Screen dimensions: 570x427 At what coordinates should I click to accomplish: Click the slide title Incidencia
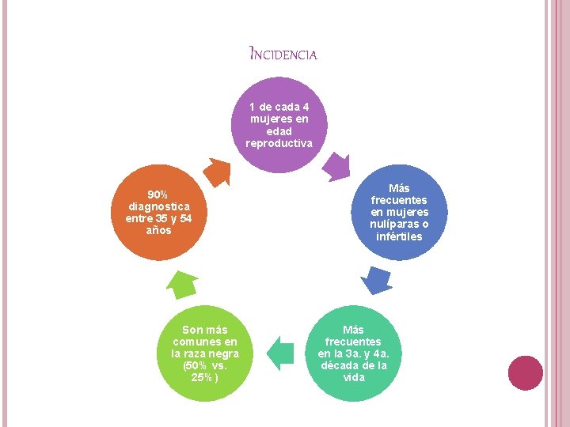(x=283, y=53)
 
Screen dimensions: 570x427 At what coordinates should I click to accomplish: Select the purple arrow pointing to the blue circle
(x=337, y=167)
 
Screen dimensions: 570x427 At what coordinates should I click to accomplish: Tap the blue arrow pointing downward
(x=377, y=280)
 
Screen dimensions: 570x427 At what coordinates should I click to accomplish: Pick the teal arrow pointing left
(x=280, y=353)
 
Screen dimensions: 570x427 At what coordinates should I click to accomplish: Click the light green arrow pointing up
(x=182, y=285)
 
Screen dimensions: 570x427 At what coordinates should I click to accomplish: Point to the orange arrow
(x=218, y=172)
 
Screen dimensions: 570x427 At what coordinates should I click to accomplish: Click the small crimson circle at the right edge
(x=526, y=373)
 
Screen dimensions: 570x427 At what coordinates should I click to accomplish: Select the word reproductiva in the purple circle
(x=279, y=143)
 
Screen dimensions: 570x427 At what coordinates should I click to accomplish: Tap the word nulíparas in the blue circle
(x=394, y=224)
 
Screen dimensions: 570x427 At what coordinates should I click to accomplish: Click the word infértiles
(x=399, y=236)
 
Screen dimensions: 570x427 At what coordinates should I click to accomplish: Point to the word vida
(x=354, y=377)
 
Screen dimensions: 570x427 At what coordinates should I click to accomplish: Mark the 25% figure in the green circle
(x=201, y=377)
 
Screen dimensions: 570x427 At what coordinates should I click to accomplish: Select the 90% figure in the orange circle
(x=158, y=195)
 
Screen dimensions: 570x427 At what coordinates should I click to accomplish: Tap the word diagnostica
(x=159, y=206)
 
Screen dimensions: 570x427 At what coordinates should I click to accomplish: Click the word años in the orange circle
(x=159, y=230)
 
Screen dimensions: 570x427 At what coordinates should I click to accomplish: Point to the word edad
(x=279, y=131)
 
